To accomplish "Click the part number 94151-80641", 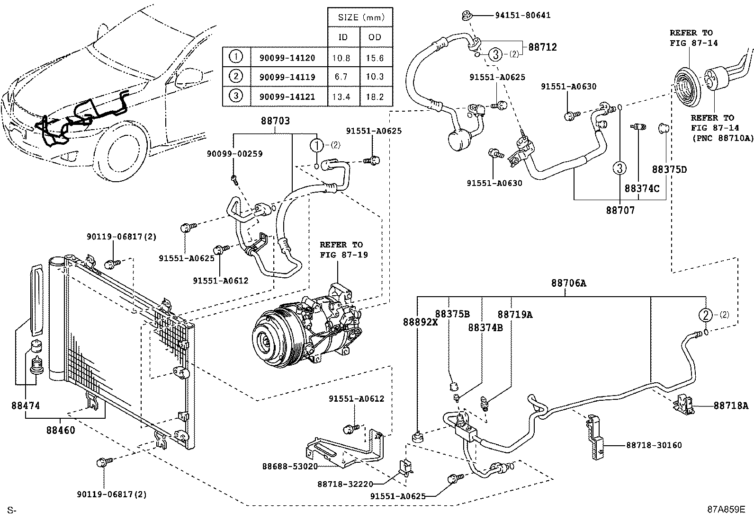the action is (x=522, y=16).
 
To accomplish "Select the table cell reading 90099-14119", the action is (x=287, y=77).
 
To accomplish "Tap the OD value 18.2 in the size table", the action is (x=375, y=97).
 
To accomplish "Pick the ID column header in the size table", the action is (x=343, y=37).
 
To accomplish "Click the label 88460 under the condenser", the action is (x=61, y=430).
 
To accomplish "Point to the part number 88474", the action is (x=26, y=405).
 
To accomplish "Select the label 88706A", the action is (x=568, y=283).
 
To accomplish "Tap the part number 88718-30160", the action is (x=654, y=445).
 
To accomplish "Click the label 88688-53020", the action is (x=290, y=467).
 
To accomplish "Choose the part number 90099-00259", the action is (x=234, y=154).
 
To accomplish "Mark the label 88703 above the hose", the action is (x=275, y=121).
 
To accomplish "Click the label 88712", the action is (x=543, y=47).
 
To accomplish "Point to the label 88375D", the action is (x=669, y=169).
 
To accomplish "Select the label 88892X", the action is (x=421, y=322).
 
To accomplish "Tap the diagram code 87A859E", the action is (x=726, y=509).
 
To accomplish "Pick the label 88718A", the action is (x=731, y=405).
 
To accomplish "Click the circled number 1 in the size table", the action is (x=236, y=57).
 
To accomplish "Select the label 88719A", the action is (x=515, y=315).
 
